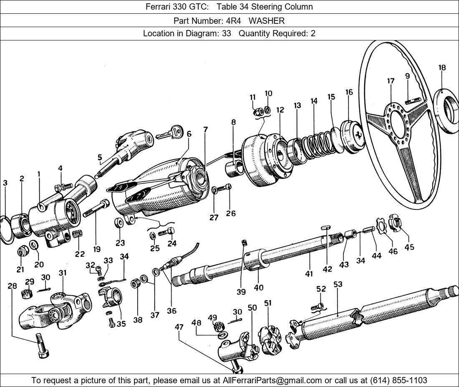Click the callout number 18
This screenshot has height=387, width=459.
442,68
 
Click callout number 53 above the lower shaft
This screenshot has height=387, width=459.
338,285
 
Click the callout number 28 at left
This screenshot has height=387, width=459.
13,286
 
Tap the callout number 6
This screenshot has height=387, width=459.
189,134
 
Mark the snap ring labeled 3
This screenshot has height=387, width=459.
6,229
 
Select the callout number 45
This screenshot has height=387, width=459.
409,247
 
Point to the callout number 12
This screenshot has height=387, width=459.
280,110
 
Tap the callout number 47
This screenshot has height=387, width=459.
179,327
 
